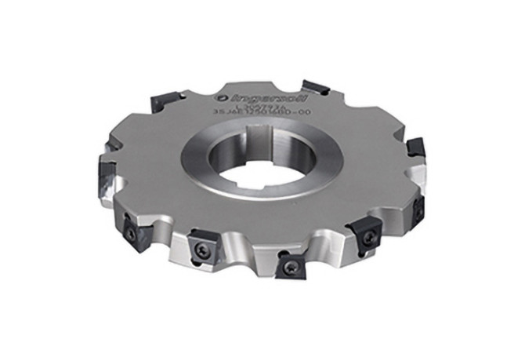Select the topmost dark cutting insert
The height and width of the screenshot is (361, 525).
click(315, 86)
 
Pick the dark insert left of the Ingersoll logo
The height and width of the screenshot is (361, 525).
click(167, 98)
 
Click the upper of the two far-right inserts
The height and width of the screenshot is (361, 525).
click(415, 146)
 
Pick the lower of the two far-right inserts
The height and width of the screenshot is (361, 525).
click(418, 207)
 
